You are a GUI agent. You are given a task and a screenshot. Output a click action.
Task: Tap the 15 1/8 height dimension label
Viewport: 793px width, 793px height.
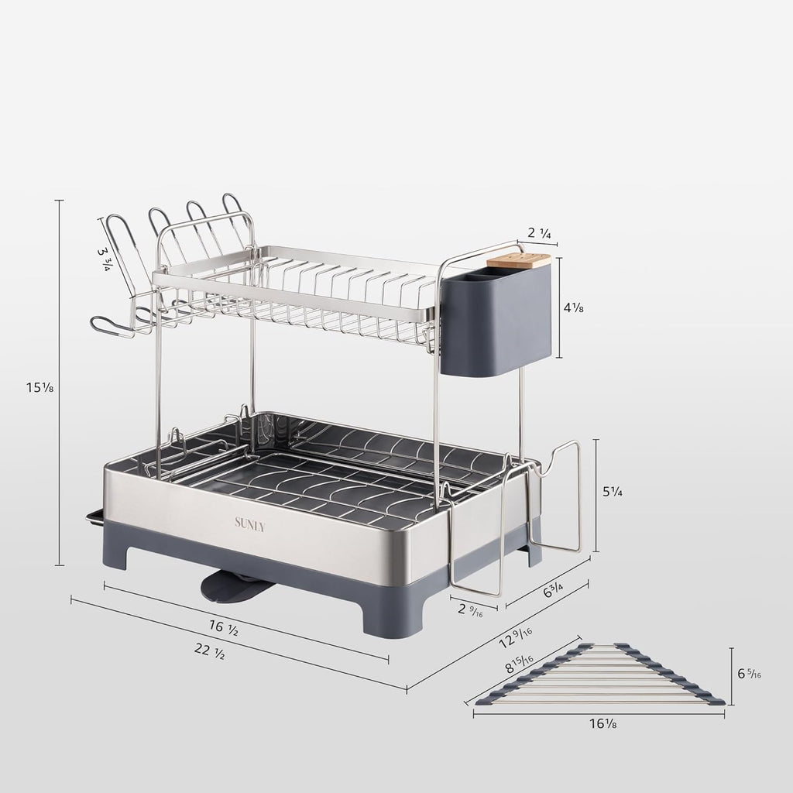click(x=39, y=387)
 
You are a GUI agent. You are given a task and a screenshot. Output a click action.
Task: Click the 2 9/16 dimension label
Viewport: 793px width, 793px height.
click(x=471, y=608)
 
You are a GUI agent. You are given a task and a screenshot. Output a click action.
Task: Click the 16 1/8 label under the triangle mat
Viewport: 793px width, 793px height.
click(x=602, y=725)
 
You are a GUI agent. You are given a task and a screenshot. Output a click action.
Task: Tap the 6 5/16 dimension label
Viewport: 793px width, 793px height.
click(x=750, y=674)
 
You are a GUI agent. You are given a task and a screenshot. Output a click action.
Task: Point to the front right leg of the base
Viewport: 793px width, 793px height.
click(x=391, y=620)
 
